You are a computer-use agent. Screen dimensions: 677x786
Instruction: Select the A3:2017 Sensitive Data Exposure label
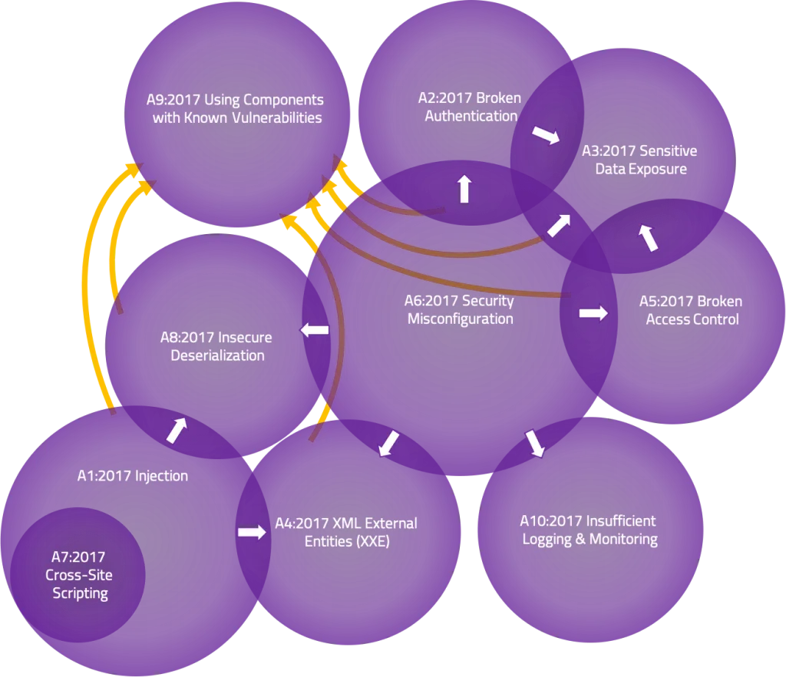coord(640,159)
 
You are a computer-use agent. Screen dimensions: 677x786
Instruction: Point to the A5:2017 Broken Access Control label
coord(692,310)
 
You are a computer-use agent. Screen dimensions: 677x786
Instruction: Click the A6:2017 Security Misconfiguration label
coord(460,310)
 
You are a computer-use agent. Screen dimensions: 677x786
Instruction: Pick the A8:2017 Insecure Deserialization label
coord(216,346)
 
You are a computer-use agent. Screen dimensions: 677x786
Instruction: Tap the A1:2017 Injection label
coord(132,476)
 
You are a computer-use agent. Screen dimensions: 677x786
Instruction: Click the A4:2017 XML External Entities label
coord(345,532)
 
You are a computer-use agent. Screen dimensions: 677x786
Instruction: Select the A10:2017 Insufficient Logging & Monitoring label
coord(589,530)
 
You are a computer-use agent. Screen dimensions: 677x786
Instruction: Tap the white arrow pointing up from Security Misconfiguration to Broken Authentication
coord(464,188)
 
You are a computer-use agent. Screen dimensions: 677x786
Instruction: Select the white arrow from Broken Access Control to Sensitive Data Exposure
coord(649,238)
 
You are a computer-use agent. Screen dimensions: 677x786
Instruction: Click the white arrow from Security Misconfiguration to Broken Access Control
coord(593,313)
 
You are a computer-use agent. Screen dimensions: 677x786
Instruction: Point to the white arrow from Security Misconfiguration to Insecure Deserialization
coord(315,330)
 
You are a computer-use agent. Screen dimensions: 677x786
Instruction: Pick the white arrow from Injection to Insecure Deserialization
coord(177,431)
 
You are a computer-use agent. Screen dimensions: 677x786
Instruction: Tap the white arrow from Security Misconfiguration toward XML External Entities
coord(389,443)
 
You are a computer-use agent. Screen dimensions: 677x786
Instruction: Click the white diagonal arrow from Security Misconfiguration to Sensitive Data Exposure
coord(559,226)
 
